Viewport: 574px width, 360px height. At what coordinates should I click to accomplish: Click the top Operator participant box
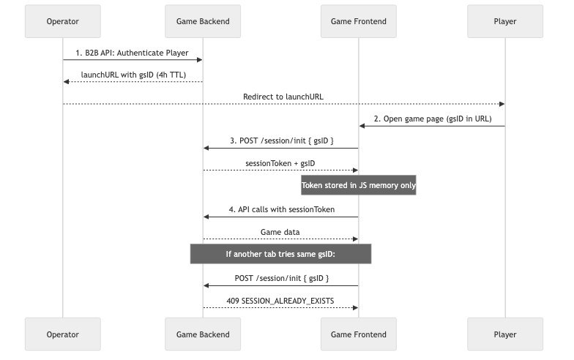62,21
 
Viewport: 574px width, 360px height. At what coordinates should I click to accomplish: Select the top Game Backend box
203,21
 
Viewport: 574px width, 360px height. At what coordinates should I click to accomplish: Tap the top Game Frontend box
359,21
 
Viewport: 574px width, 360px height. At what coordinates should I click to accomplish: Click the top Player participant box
504,21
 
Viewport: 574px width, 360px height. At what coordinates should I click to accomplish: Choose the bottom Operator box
62,334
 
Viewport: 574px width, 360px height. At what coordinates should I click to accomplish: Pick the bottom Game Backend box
203,334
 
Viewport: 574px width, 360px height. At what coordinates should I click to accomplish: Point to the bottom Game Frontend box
359,334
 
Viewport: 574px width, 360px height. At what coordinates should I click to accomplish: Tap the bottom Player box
504,334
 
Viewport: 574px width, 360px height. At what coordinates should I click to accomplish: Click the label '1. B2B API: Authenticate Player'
133,53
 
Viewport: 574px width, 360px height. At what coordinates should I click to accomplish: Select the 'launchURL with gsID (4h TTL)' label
133,75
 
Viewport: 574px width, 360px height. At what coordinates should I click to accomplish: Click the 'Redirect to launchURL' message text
283,97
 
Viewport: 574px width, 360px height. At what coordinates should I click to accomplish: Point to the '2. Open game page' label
431,118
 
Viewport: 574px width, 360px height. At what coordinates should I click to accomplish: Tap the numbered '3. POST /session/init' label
280,140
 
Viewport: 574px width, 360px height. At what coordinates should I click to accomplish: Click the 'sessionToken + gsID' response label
280,162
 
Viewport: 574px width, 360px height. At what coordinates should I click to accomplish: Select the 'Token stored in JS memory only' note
359,186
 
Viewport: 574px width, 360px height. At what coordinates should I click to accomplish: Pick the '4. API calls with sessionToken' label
280,209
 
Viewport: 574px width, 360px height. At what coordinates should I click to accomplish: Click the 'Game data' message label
280,231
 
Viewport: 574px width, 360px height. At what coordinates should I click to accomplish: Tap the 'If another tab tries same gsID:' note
280,254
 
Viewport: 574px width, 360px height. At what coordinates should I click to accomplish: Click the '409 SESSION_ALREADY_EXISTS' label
280,300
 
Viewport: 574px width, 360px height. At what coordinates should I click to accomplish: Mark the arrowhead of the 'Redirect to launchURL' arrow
502,104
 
